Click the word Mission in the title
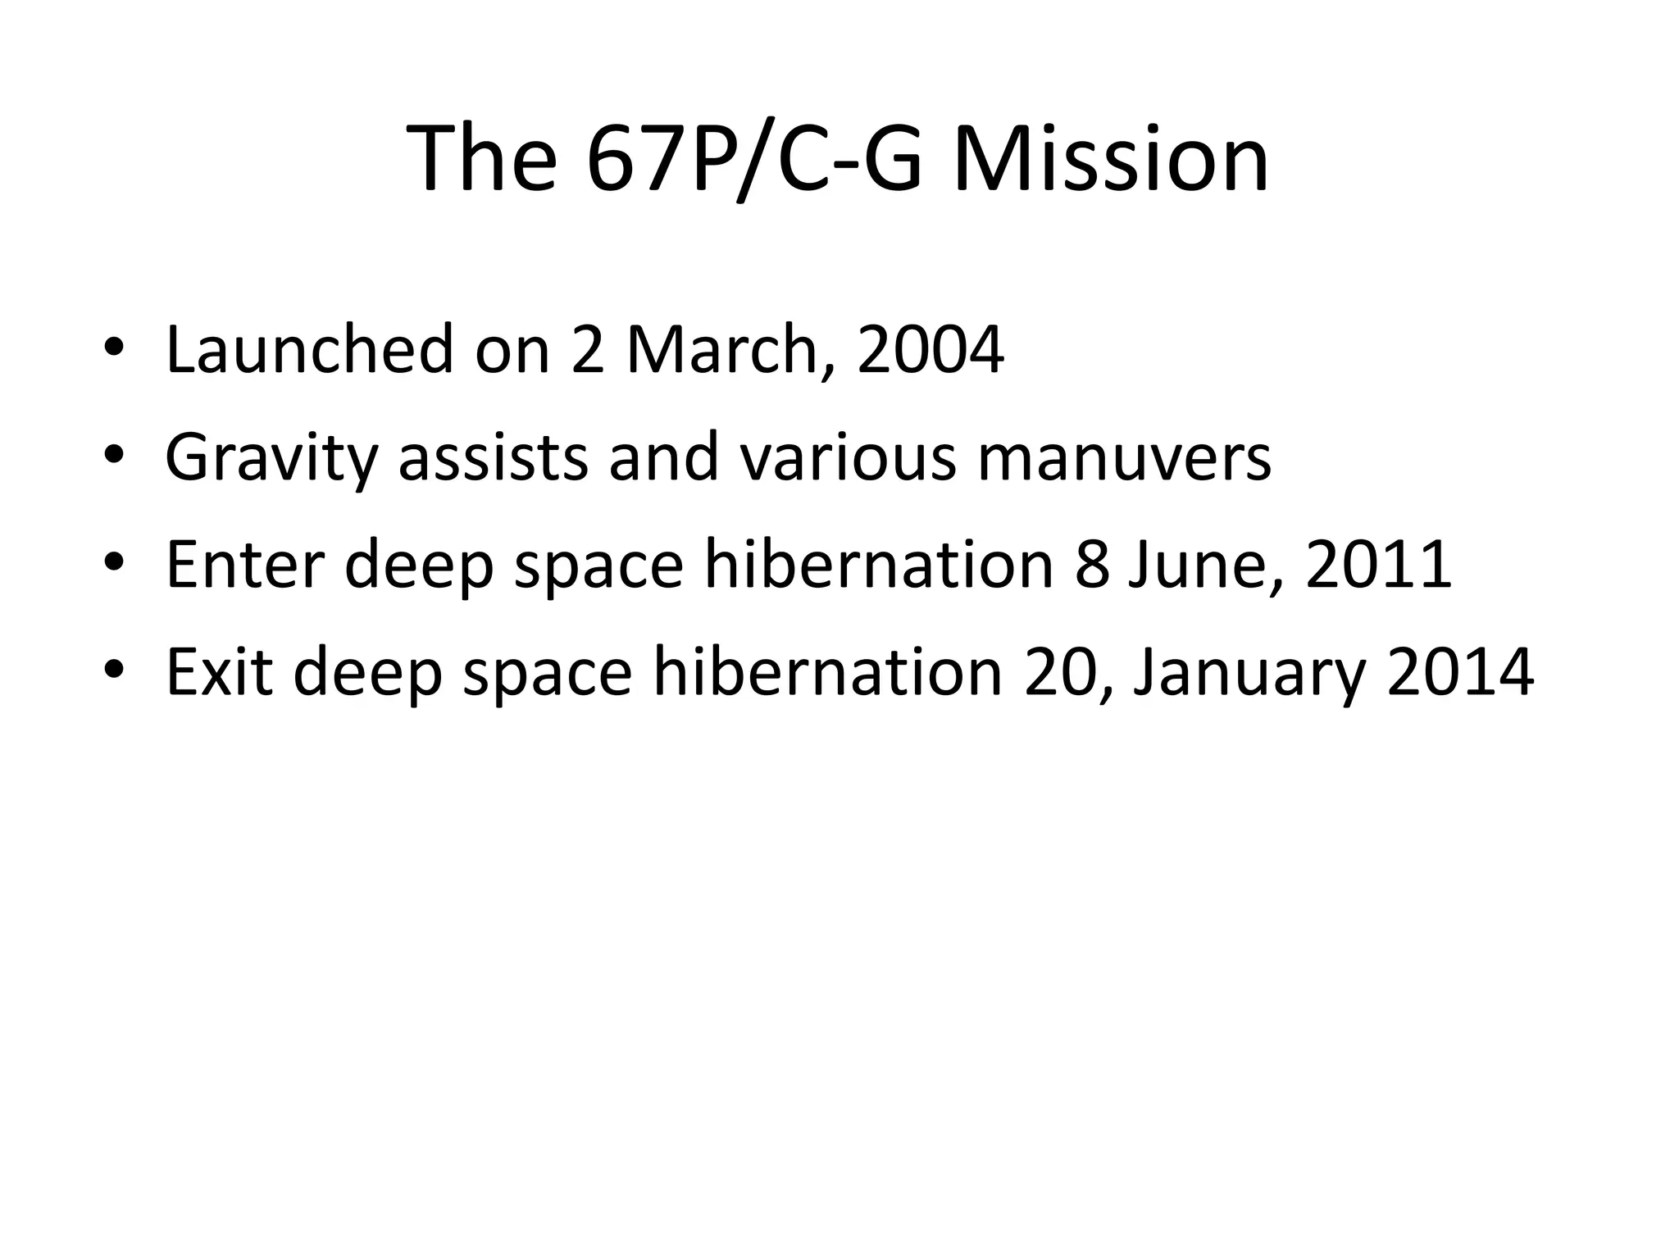point(1111,158)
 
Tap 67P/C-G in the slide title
point(753,158)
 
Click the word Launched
point(309,350)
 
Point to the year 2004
point(931,350)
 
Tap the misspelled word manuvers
point(1124,457)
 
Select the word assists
point(493,457)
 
